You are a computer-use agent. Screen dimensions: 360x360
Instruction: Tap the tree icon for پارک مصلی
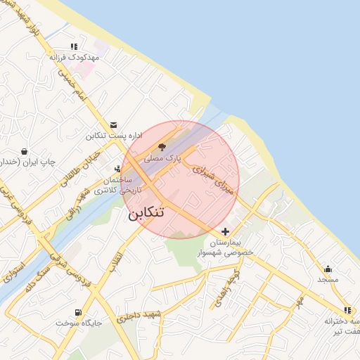pos(163,147)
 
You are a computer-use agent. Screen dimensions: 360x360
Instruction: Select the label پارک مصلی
pos(163,159)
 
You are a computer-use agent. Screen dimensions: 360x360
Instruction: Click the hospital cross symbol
pos(225,231)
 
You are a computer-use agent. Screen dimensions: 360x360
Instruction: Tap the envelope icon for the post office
pos(114,124)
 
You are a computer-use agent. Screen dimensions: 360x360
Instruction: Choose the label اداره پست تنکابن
pos(115,135)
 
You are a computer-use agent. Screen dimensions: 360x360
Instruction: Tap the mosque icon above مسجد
pos(328,268)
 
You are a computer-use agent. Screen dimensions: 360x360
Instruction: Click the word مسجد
pos(328,279)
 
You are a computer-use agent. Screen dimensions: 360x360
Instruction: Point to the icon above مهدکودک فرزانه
pos(75,46)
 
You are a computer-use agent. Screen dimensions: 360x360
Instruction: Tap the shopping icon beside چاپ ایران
pos(25,151)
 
